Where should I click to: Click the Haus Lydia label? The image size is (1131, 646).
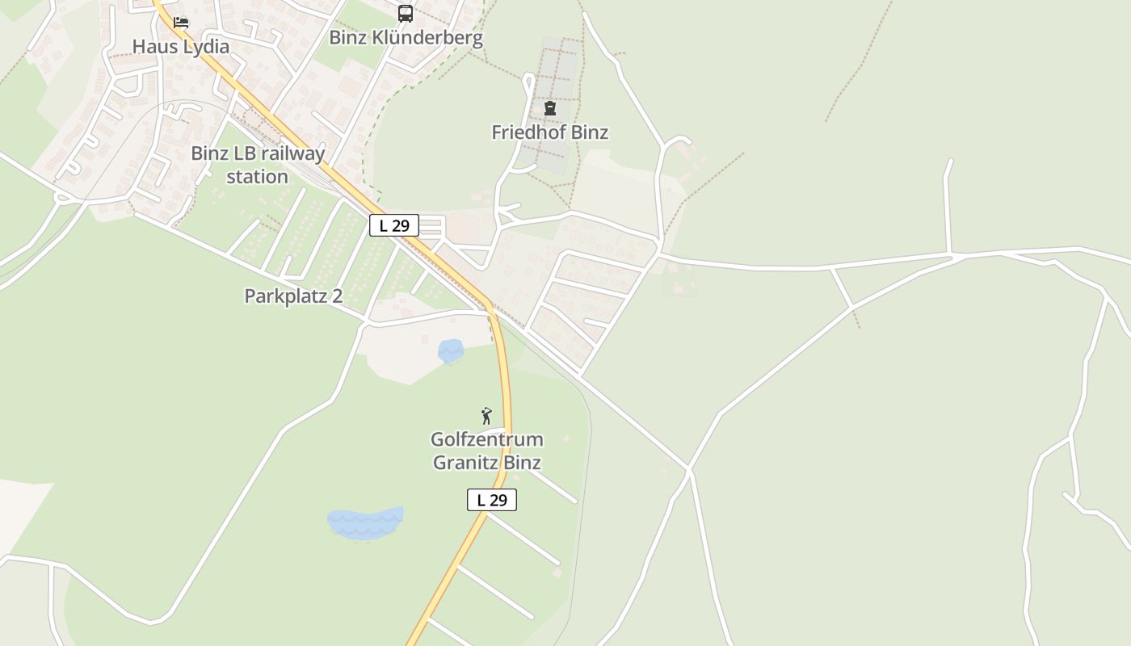tap(181, 47)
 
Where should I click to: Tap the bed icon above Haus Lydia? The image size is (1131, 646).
tap(181, 22)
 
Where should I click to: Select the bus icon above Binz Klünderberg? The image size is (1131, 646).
tap(406, 14)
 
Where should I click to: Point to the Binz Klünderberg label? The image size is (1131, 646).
tap(406, 38)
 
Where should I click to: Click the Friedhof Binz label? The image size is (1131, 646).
tap(549, 132)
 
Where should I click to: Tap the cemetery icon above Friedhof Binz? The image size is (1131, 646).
tap(550, 108)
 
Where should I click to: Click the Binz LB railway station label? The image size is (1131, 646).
tap(258, 165)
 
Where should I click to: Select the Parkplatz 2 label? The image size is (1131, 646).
tap(293, 296)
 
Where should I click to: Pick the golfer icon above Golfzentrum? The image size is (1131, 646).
tap(486, 416)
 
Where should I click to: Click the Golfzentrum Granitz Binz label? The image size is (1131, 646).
tap(486, 451)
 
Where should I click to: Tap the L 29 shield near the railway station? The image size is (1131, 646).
tap(394, 226)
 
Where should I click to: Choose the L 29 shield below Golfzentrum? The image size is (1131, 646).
tap(492, 500)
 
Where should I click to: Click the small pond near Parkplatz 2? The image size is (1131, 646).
tap(451, 350)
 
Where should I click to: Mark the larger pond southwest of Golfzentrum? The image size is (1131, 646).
tap(365, 523)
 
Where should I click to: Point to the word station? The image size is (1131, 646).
tap(258, 177)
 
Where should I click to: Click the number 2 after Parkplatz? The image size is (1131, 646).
tap(337, 296)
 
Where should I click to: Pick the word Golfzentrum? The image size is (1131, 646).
tap(486, 440)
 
